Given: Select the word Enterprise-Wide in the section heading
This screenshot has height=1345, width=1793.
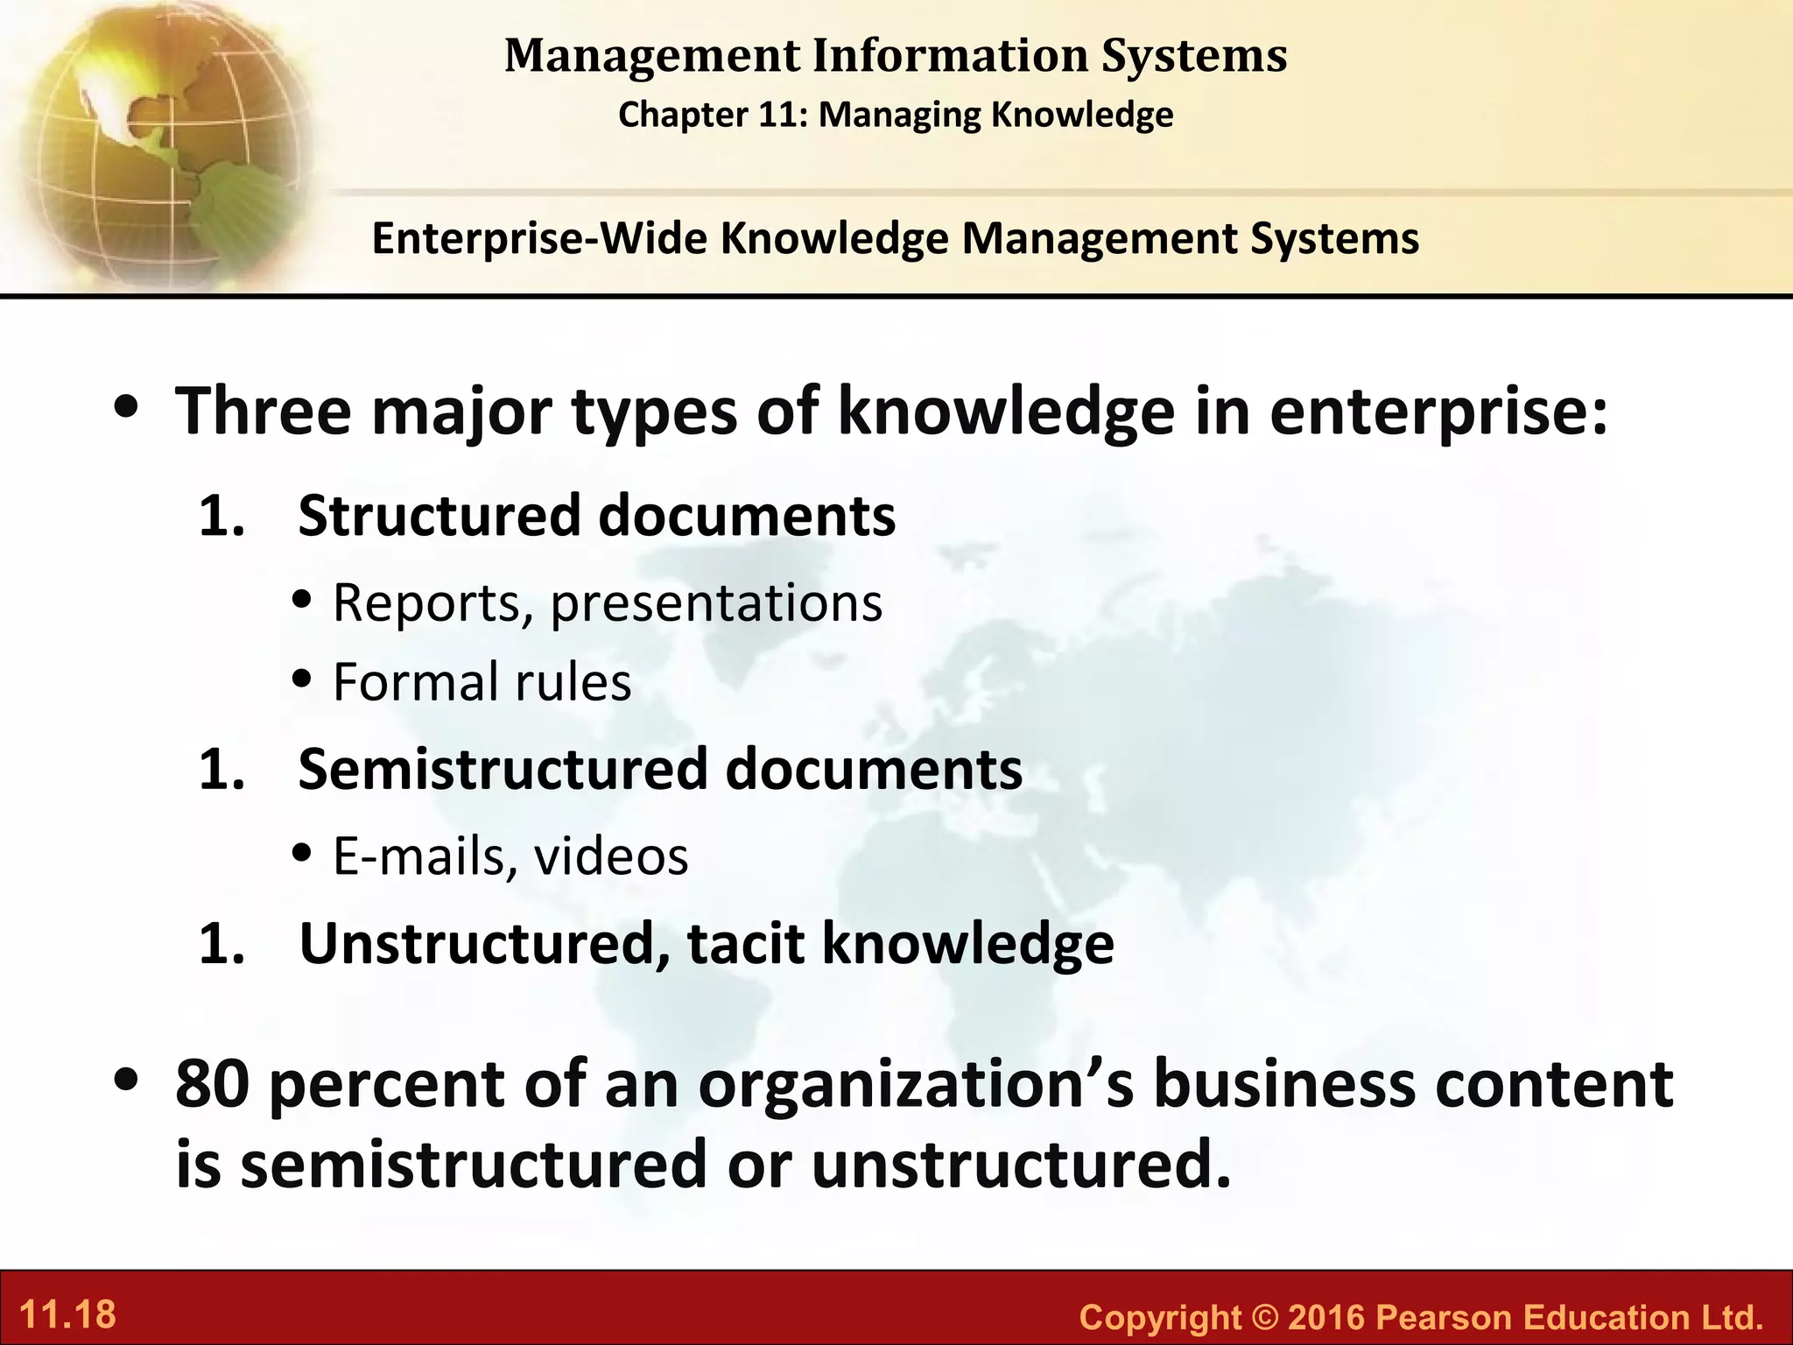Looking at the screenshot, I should point(538,238).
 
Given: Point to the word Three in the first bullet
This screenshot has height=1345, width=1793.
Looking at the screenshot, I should point(264,411).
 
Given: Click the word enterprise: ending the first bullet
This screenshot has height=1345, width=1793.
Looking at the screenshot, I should point(1438,411).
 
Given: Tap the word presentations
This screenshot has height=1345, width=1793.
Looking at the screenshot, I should point(716,603).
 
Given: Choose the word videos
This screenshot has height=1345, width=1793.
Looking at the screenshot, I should point(611,856).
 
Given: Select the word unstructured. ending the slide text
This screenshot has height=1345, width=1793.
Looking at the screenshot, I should point(1021,1165).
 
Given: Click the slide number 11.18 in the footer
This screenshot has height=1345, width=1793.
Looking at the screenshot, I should point(67,1315).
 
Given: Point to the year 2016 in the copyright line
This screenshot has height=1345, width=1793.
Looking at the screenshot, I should point(1327,1317).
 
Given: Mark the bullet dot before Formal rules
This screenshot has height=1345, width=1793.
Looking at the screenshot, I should point(303,680).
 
